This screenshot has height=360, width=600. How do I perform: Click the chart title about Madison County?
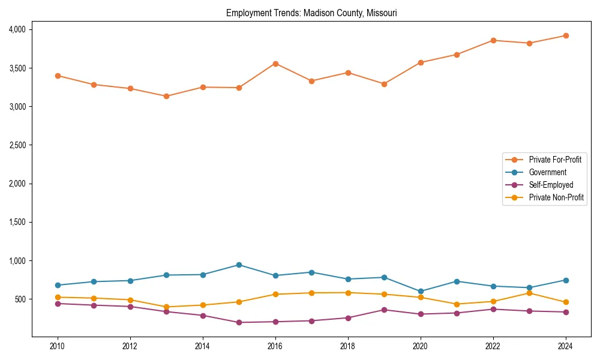pos(311,13)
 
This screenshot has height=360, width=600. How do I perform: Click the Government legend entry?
pos(547,172)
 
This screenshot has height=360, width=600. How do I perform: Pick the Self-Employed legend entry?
pos(551,185)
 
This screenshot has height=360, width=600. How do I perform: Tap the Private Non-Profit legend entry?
pos(556,197)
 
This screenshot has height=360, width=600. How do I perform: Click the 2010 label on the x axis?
pos(58,346)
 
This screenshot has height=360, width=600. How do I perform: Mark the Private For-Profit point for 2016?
pos(275,64)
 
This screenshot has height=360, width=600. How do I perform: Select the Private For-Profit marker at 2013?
pos(166,96)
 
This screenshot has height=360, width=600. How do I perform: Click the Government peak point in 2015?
pos(239,265)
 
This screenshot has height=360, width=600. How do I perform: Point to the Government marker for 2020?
pos(421,291)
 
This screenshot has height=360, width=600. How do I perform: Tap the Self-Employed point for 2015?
pos(239,322)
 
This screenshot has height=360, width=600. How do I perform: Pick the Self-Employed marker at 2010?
pos(58,304)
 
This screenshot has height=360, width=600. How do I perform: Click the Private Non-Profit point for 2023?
pos(529,293)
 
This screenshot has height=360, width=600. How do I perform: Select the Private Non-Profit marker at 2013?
pos(166,307)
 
